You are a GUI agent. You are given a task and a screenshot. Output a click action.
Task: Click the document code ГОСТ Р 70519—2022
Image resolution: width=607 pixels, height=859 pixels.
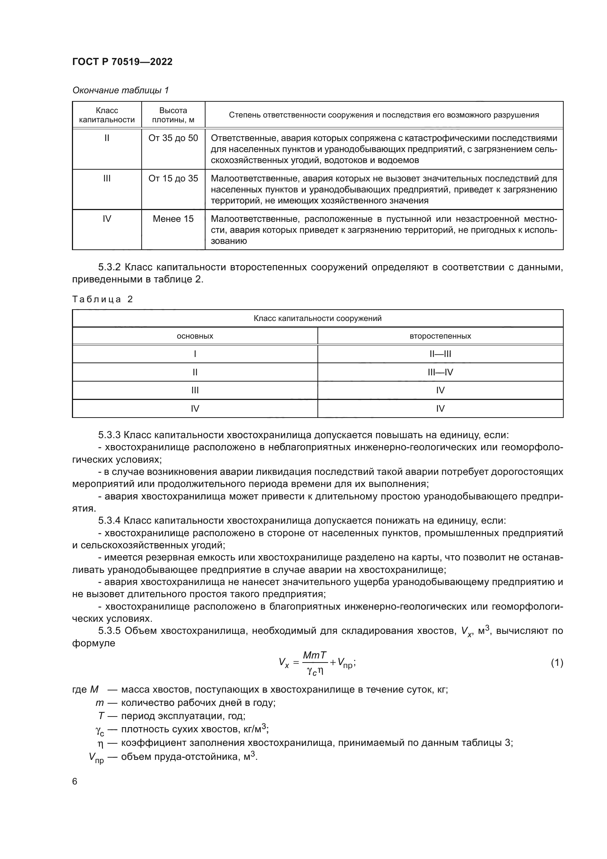(122, 62)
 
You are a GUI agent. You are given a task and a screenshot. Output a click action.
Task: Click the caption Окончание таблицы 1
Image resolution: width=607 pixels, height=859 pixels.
(120, 90)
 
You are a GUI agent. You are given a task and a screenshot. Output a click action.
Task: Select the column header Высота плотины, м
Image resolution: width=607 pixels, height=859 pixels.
(173, 115)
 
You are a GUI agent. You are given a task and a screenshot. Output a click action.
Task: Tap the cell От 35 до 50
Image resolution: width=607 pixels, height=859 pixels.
(173, 138)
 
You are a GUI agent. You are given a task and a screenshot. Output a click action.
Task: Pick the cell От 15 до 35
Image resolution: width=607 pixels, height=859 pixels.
(173, 178)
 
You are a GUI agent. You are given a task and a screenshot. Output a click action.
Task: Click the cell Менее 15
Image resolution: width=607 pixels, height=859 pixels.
(173, 219)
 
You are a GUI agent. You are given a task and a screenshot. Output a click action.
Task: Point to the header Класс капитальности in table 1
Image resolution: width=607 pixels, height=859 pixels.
(107, 115)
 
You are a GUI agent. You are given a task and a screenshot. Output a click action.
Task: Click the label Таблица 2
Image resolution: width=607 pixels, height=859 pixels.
(102, 299)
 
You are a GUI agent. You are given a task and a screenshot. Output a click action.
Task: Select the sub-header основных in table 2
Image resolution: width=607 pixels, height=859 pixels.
(195, 336)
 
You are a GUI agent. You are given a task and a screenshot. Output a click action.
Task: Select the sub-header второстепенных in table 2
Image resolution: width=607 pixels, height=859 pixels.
(440, 336)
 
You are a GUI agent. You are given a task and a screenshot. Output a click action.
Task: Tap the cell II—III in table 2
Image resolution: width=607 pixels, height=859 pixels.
(440, 354)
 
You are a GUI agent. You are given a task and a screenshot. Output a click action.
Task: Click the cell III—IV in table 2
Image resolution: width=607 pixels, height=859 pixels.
(440, 372)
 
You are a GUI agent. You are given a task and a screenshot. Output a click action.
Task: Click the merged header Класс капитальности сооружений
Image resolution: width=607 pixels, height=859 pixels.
(317, 318)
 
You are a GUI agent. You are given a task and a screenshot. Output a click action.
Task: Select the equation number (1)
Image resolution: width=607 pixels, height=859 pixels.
(557, 663)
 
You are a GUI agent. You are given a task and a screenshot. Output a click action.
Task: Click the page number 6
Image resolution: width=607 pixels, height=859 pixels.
(75, 782)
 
